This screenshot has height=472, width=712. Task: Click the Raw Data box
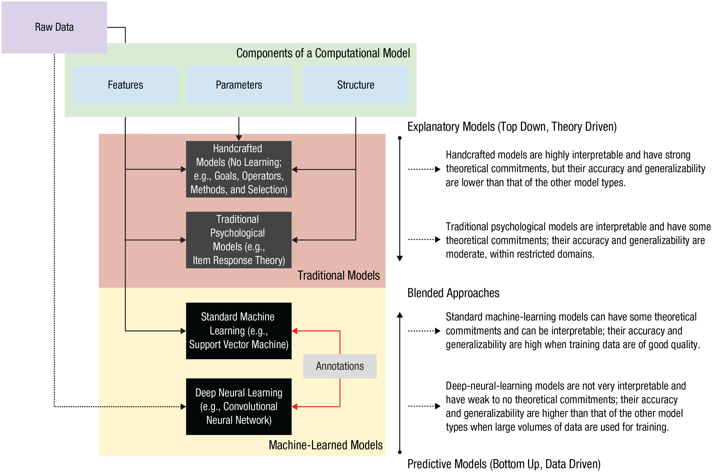(x=54, y=27)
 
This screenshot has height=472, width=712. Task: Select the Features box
(x=125, y=85)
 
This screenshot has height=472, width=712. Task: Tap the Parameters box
(x=239, y=85)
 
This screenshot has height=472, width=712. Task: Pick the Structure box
(x=356, y=85)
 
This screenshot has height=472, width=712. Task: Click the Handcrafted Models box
(x=239, y=169)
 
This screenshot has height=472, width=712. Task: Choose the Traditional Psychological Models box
(x=239, y=240)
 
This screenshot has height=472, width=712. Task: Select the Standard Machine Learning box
(x=239, y=331)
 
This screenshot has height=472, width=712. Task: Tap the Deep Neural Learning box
(x=239, y=406)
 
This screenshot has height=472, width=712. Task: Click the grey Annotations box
(x=340, y=366)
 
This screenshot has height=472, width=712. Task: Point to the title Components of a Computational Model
(x=323, y=53)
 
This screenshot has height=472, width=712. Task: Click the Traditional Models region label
(x=338, y=275)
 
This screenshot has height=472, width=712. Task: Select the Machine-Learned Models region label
(x=325, y=445)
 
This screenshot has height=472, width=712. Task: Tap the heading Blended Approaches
(x=453, y=293)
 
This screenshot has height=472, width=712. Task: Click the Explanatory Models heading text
(x=512, y=127)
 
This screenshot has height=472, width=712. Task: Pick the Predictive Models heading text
(x=504, y=464)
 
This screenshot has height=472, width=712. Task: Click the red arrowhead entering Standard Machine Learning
(x=295, y=331)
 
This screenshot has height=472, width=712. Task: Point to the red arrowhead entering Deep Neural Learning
(x=295, y=407)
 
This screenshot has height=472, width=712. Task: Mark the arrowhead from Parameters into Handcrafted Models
(x=239, y=138)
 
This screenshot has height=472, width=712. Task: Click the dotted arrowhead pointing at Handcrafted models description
(x=438, y=169)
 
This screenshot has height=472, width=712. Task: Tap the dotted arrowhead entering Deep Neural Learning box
(x=183, y=407)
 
